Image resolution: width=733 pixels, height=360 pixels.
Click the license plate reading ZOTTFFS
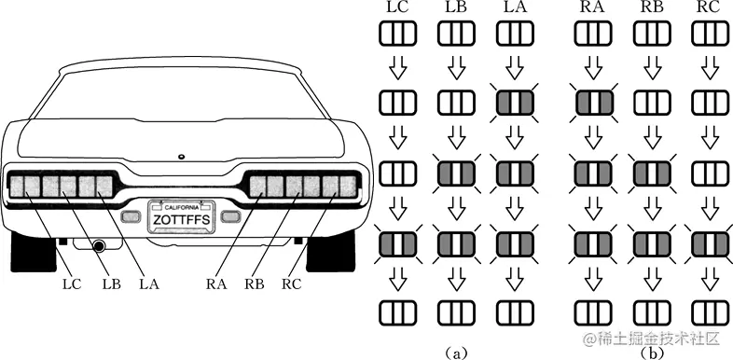pyautogui.click(x=182, y=216)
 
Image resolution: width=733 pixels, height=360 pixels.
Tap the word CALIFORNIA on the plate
pyautogui.click(x=182, y=207)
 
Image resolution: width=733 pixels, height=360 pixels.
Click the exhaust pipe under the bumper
pyautogui.click(x=99, y=246)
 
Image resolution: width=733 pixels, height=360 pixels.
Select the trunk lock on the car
pyautogui.click(x=181, y=156)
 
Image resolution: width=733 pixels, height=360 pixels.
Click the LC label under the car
pyautogui.click(x=72, y=284)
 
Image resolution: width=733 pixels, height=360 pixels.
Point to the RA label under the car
pyautogui.click(x=216, y=284)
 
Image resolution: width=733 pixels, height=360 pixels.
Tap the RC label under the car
pyautogui.click(x=291, y=284)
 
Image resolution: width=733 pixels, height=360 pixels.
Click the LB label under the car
pyautogui.click(x=110, y=284)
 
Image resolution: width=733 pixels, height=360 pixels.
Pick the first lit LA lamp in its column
pyautogui.click(x=514, y=103)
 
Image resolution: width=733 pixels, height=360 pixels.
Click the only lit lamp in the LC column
pyautogui.click(x=397, y=243)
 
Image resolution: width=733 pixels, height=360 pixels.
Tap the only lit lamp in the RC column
pyautogui.click(x=710, y=243)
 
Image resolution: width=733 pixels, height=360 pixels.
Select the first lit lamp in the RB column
pyautogui.click(x=652, y=173)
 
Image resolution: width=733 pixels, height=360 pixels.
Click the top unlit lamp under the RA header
pyautogui.click(x=593, y=34)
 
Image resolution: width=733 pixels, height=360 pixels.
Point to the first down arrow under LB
pyautogui.click(x=457, y=68)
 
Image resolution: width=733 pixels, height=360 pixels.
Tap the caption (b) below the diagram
pyautogui.click(x=651, y=353)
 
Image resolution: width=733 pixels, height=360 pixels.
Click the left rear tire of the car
pyautogui.click(x=34, y=252)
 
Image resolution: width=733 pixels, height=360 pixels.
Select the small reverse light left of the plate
pyautogui.click(x=131, y=216)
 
